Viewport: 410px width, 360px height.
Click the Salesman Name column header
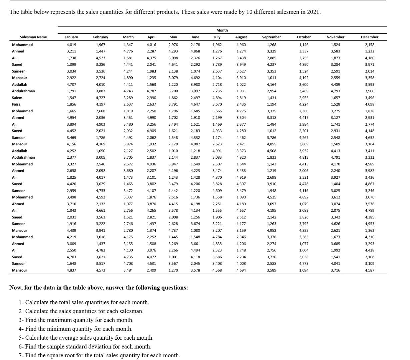click(33, 37)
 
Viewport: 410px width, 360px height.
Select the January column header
click(71, 37)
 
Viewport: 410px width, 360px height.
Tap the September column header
click(271, 37)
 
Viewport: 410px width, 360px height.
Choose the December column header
click(369, 37)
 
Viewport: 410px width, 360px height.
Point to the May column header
click(173, 37)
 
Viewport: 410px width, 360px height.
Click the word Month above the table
click(222, 30)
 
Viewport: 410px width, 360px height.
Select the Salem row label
click(17, 98)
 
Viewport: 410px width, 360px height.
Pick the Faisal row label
click(17, 104)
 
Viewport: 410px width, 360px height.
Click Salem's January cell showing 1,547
click(71, 98)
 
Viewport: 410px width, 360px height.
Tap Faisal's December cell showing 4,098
click(369, 104)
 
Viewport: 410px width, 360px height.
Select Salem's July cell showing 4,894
click(217, 98)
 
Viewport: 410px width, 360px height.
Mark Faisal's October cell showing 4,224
click(304, 104)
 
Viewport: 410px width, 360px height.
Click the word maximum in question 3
click(56, 320)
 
